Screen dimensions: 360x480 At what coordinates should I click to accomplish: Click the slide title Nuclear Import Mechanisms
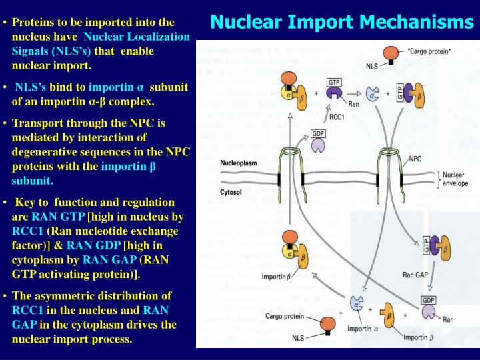pyautogui.click(x=342, y=22)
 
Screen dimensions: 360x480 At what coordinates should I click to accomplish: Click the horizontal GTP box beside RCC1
pyautogui.click(x=335, y=83)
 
